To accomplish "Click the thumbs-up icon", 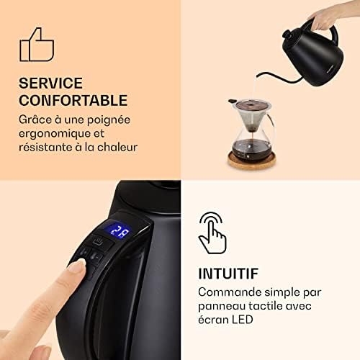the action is tap(37, 45).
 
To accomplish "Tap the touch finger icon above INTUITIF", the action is tap(212, 233).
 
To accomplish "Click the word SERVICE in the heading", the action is tap(50, 83).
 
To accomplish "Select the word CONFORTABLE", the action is tap(73, 100).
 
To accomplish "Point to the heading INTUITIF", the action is tap(228, 274).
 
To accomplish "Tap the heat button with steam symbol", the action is tap(98, 241).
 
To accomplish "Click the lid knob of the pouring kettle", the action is tap(287, 34).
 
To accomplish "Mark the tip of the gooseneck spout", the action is tap(258, 76).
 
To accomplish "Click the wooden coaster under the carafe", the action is tap(251, 161).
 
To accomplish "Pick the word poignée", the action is tap(109, 120).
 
